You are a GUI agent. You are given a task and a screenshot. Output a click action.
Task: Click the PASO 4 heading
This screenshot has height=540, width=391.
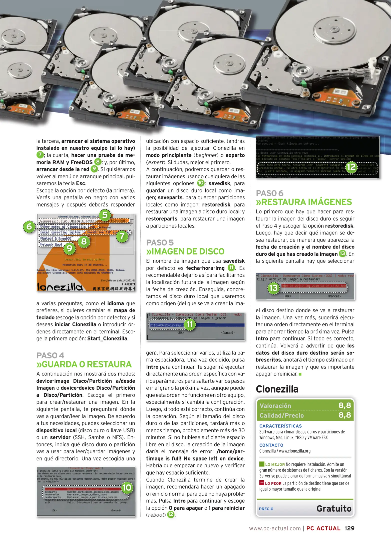click(x=50, y=355)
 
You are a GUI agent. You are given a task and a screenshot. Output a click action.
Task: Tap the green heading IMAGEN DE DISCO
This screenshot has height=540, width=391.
click(x=185, y=251)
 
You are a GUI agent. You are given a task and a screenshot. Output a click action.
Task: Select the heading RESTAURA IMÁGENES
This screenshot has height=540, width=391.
click(x=304, y=202)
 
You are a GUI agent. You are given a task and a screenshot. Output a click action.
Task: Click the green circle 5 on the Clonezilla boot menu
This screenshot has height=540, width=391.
click(x=105, y=215)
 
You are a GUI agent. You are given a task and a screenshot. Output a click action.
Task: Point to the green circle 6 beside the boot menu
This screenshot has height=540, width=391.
click(x=29, y=226)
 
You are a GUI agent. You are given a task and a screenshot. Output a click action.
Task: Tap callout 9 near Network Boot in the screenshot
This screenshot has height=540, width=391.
click(x=69, y=248)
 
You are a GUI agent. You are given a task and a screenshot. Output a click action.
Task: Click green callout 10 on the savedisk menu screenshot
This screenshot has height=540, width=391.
click(x=127, y=487)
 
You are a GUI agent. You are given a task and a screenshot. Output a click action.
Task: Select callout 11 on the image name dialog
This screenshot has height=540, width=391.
click(x=190, y=324)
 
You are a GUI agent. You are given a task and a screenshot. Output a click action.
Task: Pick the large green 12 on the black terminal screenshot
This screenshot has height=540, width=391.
click(x=351, y=167)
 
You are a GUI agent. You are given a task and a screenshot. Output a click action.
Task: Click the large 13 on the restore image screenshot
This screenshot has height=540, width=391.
click(x=273, y=287)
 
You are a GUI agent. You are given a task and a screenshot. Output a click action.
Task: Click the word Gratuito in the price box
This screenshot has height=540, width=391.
click(x=334, y=508)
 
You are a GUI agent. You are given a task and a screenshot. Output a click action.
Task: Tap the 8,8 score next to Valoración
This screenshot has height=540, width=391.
click(x=344, y=405)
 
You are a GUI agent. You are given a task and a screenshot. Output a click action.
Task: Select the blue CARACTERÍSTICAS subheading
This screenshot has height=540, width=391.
click(x=280, y=426)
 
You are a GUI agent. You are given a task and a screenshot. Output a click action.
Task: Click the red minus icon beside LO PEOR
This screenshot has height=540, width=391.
click(x=262, y=483)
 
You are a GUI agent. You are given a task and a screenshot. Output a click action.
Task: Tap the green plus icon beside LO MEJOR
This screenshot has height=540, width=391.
click(x=262, y=464)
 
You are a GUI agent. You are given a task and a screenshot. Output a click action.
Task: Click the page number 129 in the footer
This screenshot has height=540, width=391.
click(x=349, y=528)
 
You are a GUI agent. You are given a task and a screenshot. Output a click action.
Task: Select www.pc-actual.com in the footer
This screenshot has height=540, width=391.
click(x=275, y=528)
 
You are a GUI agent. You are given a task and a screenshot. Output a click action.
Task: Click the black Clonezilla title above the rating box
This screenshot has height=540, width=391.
click(x=277, y=389)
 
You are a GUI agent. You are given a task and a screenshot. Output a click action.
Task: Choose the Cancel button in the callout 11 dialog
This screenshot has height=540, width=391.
click(x=228, y=333)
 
